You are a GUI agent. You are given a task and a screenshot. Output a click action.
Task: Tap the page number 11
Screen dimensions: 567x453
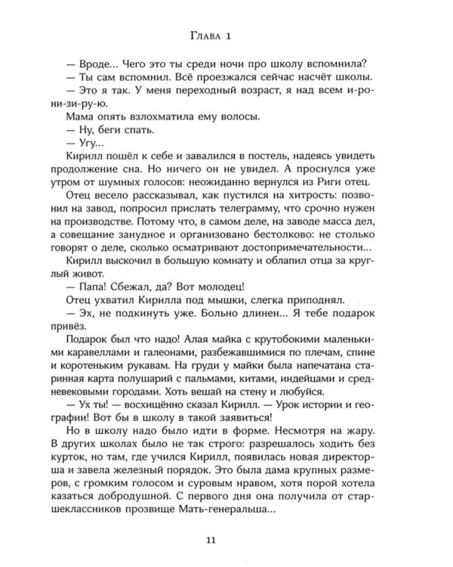click(226, 539)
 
